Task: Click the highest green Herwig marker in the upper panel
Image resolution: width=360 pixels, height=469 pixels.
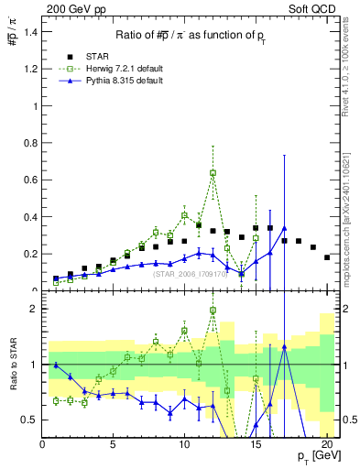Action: (x=213, y=172)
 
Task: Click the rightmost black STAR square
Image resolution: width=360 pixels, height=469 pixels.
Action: (x=327, y=257)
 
